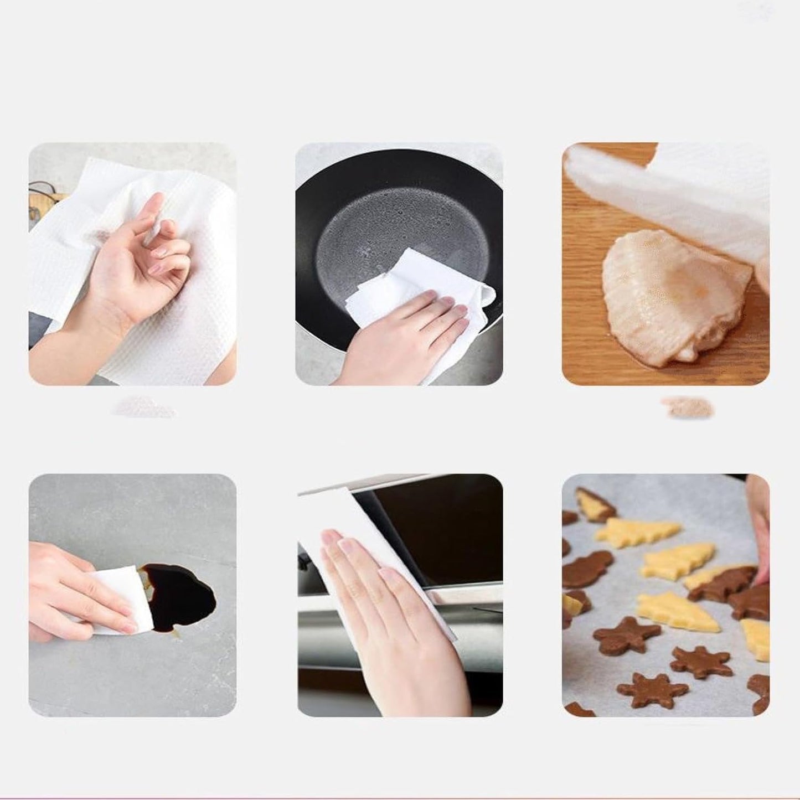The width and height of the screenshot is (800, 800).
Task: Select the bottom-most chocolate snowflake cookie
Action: click(653, 689)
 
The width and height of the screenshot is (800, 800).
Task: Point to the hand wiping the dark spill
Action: click(66, 592)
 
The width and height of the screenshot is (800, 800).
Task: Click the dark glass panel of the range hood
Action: click(443, 531)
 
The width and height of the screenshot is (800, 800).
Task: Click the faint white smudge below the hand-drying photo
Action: click(144, 409)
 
